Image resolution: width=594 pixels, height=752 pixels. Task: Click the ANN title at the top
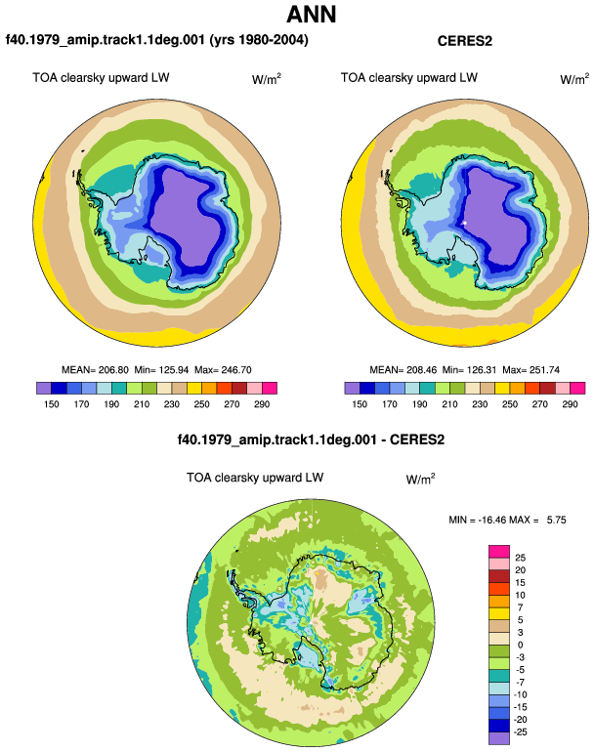click(311, 15)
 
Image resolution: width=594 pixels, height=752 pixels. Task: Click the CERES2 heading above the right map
click(464, 41)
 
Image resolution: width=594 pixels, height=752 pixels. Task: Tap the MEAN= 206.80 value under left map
click(95, 370)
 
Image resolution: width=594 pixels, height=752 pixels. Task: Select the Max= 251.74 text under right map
click(530, 370)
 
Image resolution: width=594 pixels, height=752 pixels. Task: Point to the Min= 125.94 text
click(161, 370)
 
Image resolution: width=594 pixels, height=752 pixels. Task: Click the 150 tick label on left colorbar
click(52, 404)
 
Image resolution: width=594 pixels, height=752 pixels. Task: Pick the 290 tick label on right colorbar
click(570, 404)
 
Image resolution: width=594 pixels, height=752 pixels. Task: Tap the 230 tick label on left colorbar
click(171, 404)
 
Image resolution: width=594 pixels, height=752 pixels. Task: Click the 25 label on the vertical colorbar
click(520, 558)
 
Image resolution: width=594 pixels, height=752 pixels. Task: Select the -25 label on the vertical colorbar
click(520, 732)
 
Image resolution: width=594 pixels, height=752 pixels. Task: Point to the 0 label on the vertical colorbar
click(520, 645)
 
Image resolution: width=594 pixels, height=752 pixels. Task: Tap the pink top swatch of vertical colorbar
click(499, 552)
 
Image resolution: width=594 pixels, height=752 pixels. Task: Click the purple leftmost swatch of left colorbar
click(44, 388)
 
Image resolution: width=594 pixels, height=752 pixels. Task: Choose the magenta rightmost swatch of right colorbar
click(577, 388)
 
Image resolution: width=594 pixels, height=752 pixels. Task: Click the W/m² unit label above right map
click(574, 79)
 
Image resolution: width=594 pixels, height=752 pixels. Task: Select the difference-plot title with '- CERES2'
click(311, 439)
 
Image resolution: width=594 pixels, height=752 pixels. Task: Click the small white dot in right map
click(464, 223)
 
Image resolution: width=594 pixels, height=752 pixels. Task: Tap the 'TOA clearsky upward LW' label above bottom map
click(255, 478)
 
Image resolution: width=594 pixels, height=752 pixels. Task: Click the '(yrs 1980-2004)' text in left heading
click(259, 40)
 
